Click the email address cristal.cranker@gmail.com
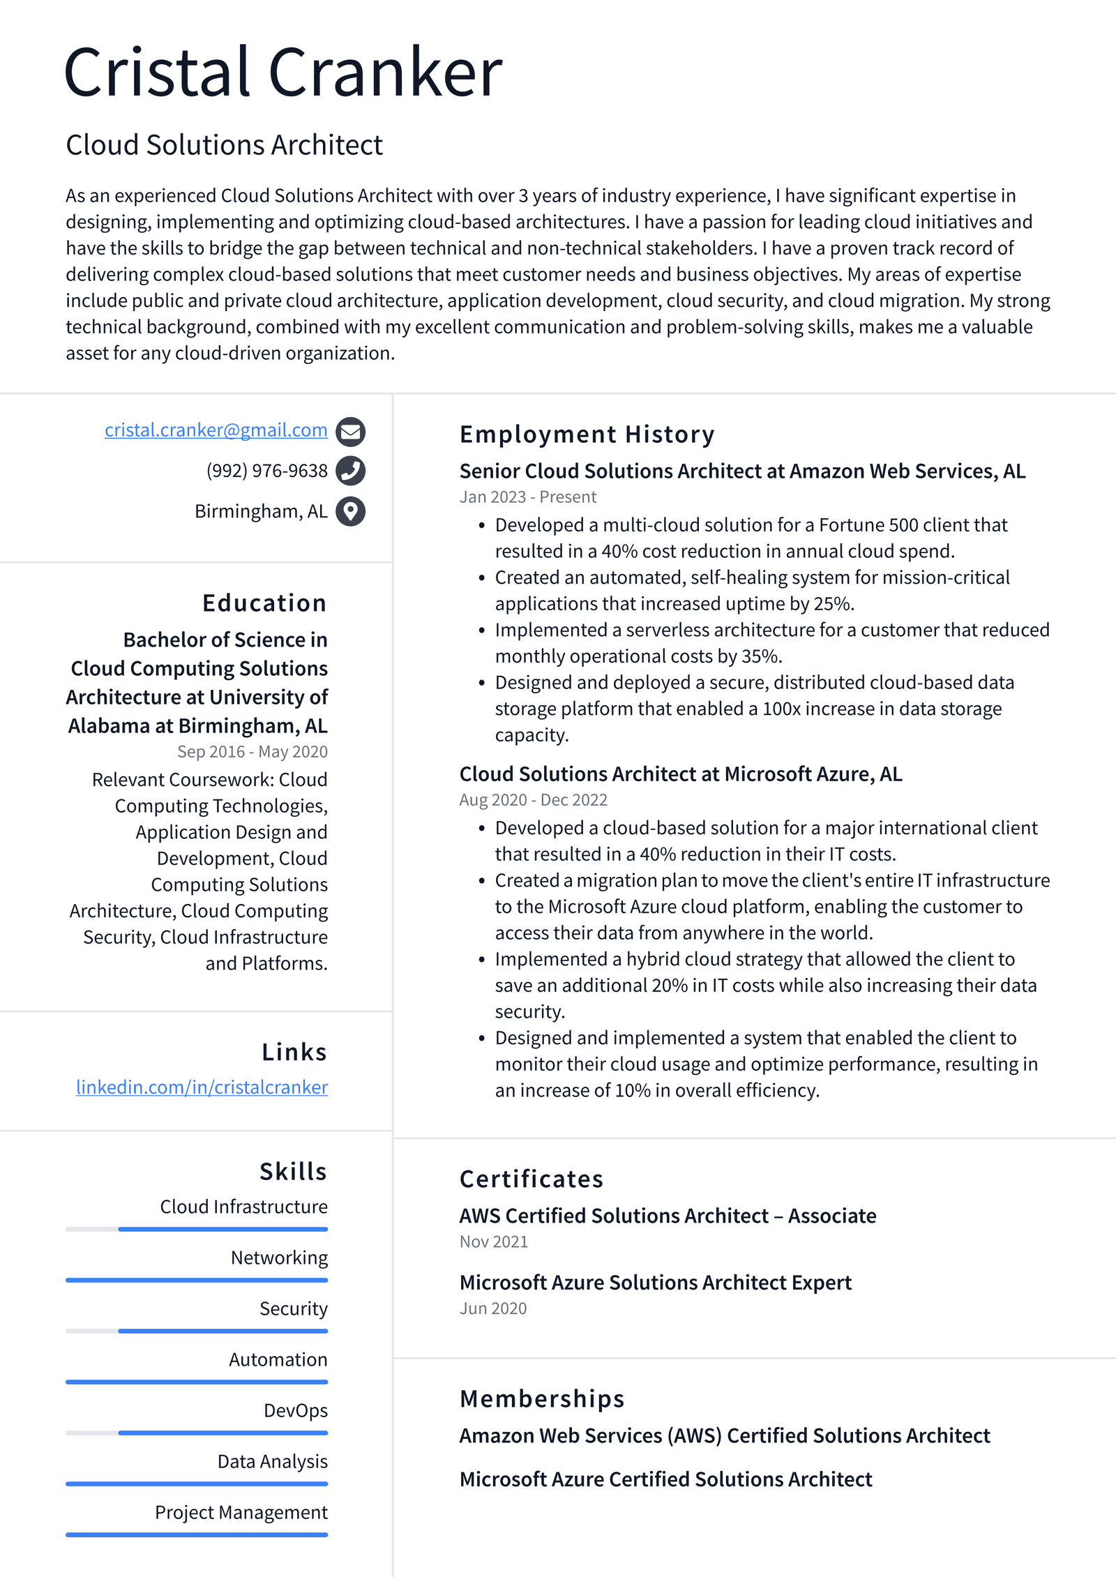216,430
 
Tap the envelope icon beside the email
350,432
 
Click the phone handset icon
350,471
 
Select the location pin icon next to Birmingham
350,511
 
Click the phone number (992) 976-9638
266,471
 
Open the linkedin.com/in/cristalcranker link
202,1087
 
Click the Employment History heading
587,435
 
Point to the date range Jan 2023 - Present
527,497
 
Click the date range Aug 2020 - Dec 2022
533,800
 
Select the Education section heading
264,603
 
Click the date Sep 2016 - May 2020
252,752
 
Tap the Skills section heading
293,1172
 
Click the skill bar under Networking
197,1281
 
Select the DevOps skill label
295,1410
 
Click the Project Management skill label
241,1512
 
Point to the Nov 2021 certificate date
493,1242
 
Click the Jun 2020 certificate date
492,1309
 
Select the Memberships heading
542,1399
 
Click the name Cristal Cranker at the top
282,72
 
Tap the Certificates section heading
531,1179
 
